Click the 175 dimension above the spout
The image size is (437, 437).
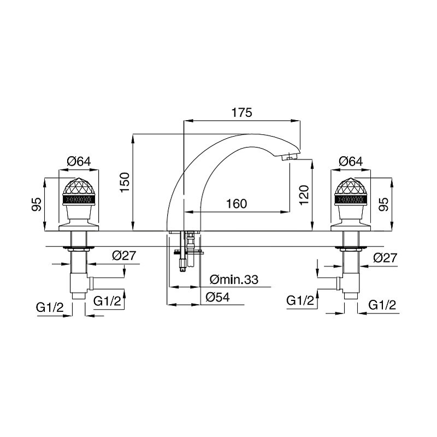coord(241,113)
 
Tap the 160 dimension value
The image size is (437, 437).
coord(237,204)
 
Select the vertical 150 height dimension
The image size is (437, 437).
coord(125,182)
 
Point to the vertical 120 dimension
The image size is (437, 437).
coord(304,195)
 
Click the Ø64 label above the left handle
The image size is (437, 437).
coord(79,161)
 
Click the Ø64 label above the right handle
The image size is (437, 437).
coord(351,161)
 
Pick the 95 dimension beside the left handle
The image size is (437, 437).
coord(36,204)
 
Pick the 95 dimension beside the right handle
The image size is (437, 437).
coord(384,204)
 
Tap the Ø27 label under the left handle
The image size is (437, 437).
coord(125,256)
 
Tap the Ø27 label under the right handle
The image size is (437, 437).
coord(385,258)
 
